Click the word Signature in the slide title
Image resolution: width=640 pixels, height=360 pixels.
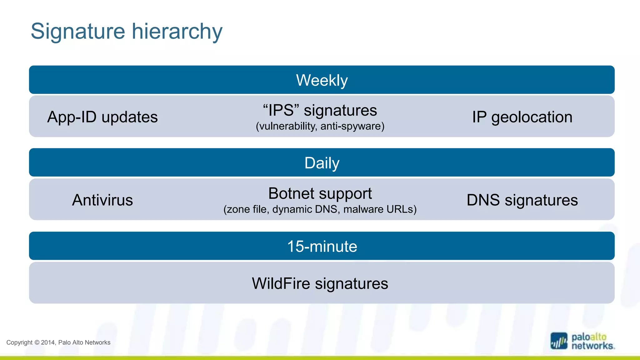[x=78, y=32]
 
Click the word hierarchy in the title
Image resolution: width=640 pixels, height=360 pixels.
[x=177, y=32]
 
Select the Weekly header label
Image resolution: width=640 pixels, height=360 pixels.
[x=322, y=80]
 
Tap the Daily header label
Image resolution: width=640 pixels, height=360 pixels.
[x=322, y=163]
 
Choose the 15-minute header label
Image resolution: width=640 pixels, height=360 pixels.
[x=322, y=246]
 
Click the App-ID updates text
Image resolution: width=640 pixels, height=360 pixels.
[x=102, y=117]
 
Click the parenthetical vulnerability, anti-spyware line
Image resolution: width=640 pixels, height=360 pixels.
[x=320, y=126]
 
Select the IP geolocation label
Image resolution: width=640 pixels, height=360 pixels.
[x=522, y=117]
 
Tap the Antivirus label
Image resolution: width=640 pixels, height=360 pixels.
[x=102, y=200]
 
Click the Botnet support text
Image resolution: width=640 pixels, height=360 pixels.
[x=320, y=193]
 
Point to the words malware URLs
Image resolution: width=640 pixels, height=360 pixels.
[x=379, y=209]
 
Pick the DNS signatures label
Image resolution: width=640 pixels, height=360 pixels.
[x=522, y=200]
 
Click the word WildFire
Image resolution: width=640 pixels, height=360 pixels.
[x=281, y=283]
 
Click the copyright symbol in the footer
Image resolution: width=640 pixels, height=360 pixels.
[x=37, y=342]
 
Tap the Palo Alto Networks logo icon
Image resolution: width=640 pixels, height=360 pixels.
[x=559, y=341]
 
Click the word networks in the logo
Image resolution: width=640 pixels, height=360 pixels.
[x=592, y=346]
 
